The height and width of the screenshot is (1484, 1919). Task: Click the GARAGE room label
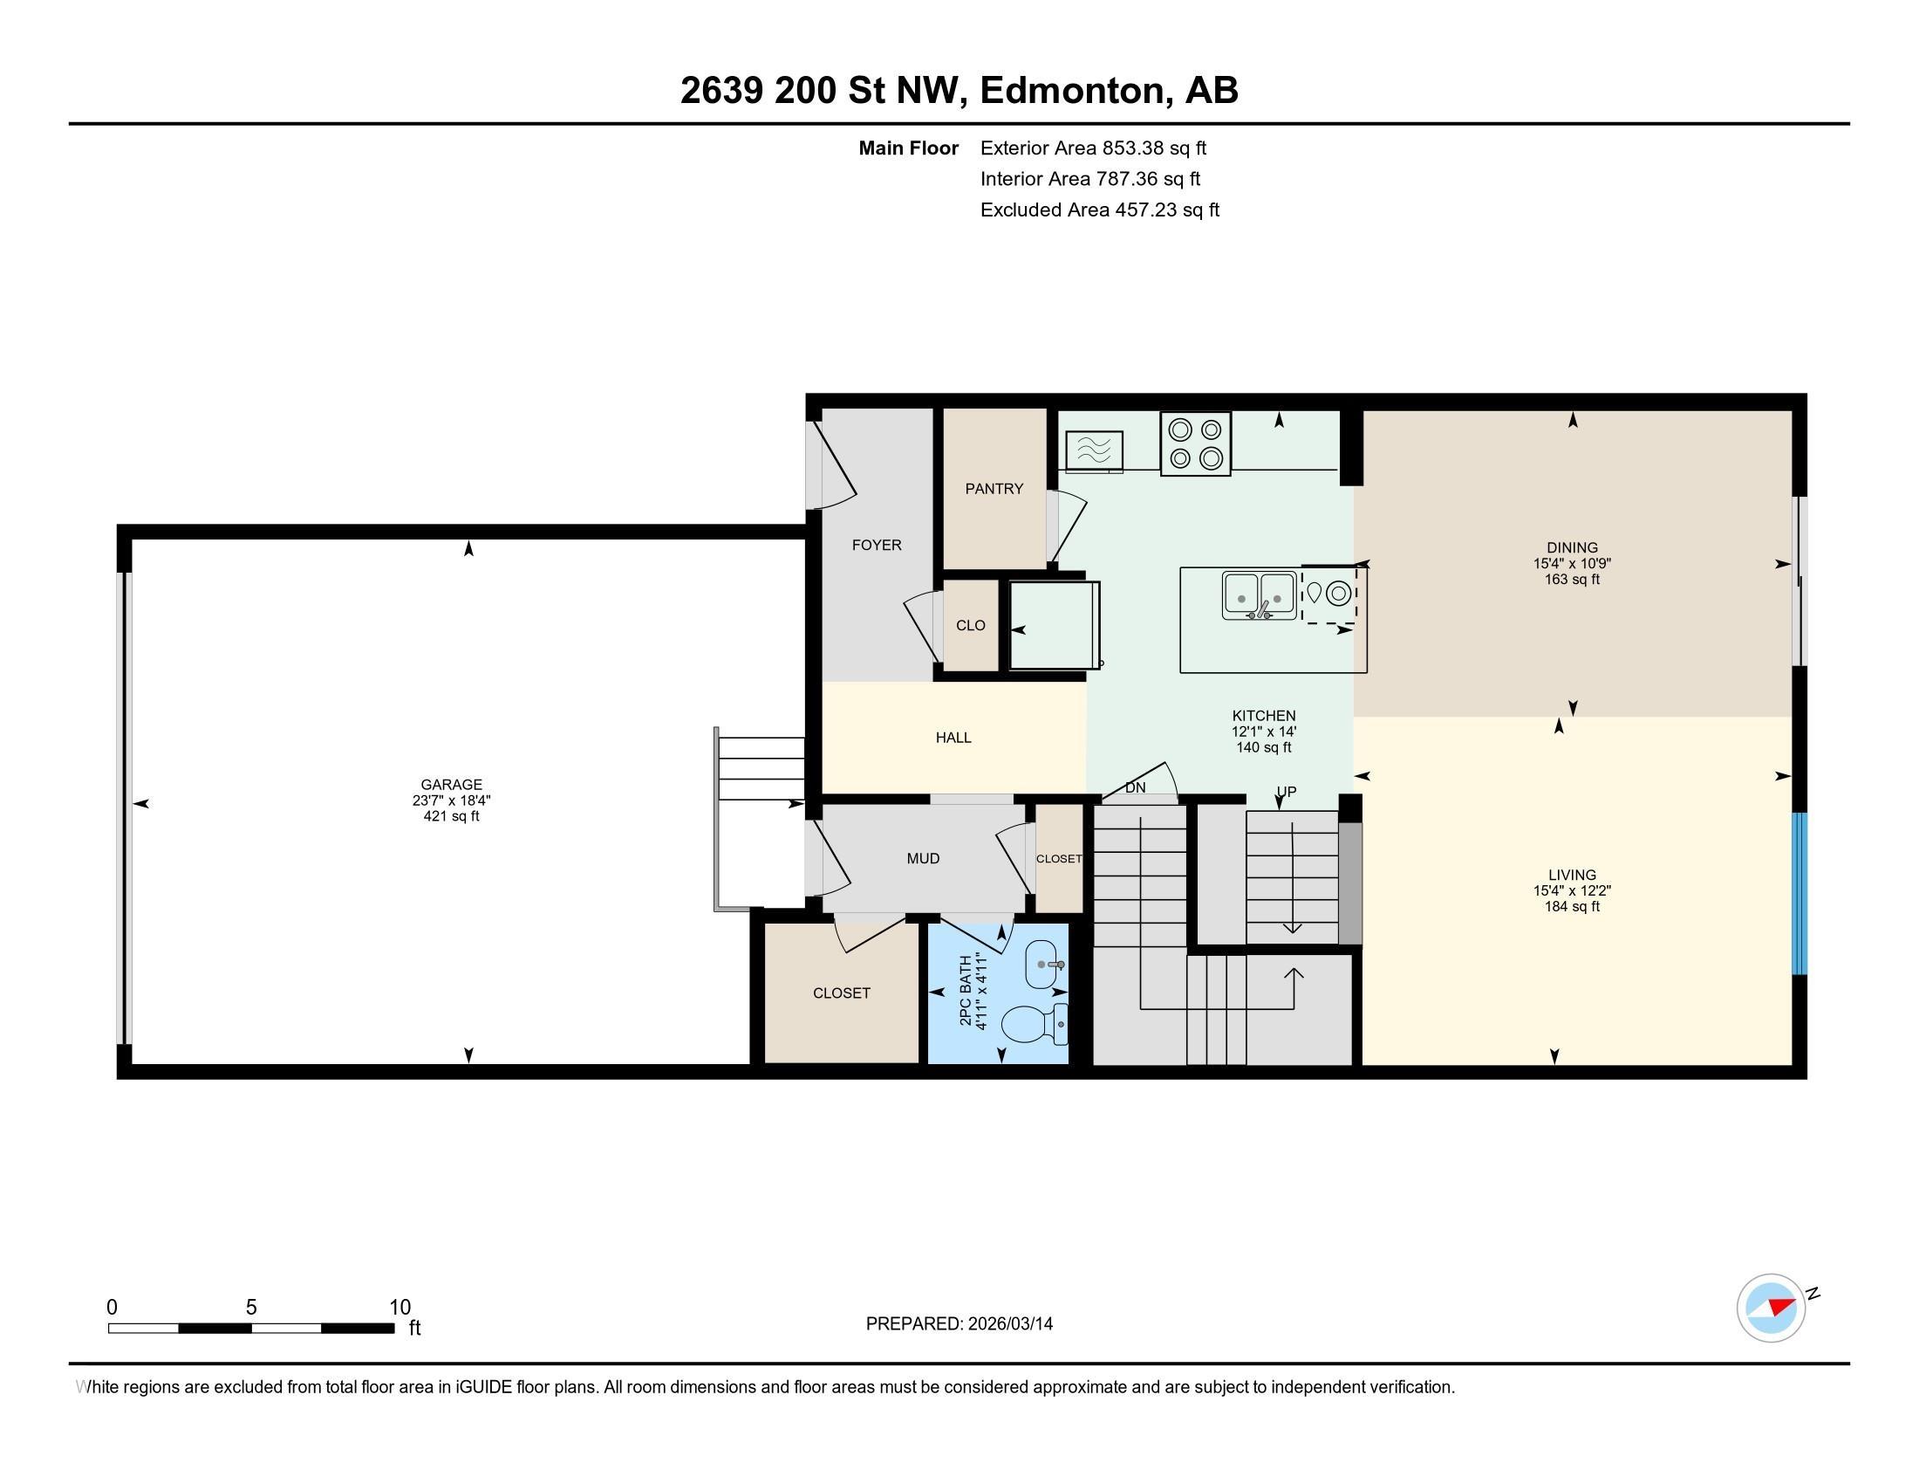451,784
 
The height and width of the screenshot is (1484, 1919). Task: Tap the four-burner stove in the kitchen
1195,444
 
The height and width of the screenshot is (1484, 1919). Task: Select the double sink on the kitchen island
1258,596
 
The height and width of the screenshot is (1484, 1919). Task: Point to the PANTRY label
994,489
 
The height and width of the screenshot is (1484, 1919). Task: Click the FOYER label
876,545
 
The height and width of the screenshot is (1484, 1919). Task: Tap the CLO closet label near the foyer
970,626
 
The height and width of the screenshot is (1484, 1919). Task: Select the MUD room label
923,859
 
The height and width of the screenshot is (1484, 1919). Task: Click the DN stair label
1135,787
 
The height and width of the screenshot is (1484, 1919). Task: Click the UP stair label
1286,791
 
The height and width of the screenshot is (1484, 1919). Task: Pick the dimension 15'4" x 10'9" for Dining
1572,564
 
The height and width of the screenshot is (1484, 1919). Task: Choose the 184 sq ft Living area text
1572,906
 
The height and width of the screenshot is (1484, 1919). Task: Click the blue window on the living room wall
1799,893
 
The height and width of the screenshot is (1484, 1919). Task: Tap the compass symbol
1771,1308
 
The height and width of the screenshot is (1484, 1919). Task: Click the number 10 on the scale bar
400,1307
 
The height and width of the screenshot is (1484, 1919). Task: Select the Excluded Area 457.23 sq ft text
1099,210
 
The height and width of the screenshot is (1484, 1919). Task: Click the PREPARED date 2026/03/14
1008,1324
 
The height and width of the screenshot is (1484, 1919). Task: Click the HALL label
953,738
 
